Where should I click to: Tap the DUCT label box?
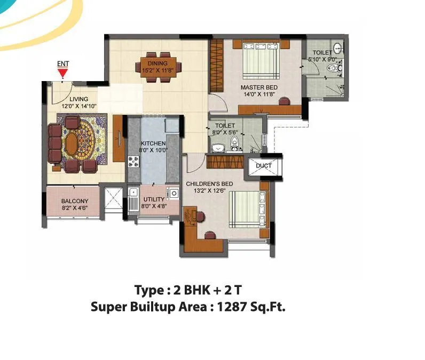[263, 166]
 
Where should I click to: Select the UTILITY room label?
[153, 199]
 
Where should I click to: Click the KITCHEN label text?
[153, 143]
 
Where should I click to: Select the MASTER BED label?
[258, 87]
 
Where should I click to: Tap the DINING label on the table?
[158, 63]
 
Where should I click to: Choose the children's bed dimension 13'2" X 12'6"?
[209, 190]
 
